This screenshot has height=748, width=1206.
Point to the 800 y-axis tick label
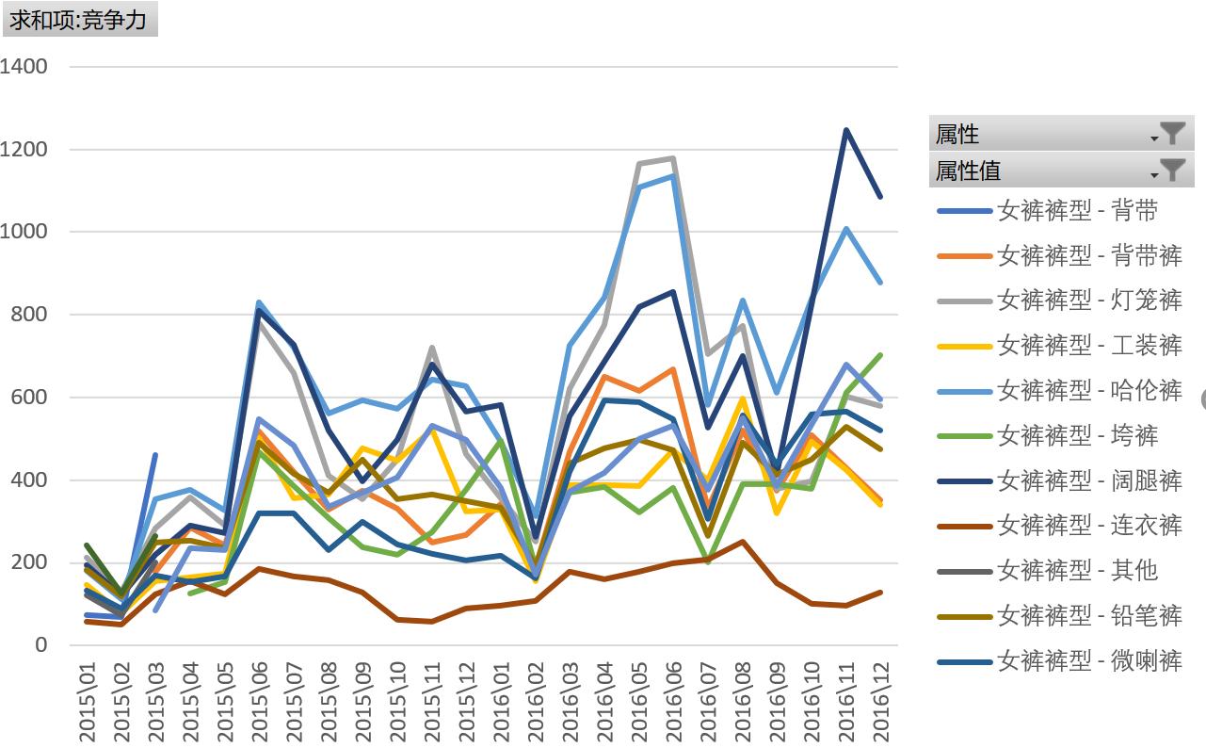tap(29, 315)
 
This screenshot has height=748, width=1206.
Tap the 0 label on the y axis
tap(40, 645)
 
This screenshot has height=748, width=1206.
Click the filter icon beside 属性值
tap(1171, 170)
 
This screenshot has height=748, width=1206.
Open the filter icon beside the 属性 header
tap(1171, 134)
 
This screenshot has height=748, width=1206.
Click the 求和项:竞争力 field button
tap(79, 19)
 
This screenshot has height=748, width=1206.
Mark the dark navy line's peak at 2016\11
tap(846, 130)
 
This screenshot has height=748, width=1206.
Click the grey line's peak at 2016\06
tap(674, 158)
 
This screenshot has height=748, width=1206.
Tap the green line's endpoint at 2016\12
tap(881, 355)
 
